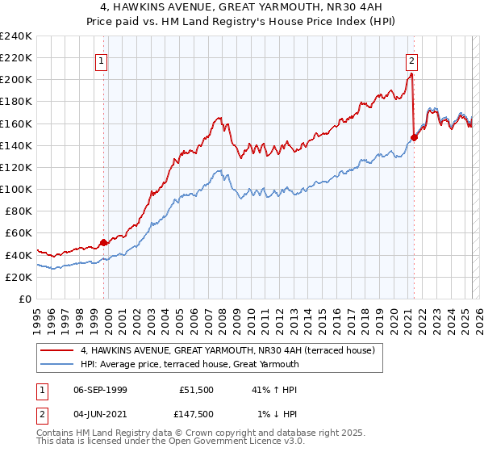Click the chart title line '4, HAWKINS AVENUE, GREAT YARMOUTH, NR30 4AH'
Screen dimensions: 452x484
pos(242,6)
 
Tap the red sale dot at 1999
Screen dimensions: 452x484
pos(103,242)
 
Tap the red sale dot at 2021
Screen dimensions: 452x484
pos(414,137)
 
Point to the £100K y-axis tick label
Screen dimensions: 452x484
pos(16,189)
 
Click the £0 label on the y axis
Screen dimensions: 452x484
pos(24,299)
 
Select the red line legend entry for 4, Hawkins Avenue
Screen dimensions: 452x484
pos(227,351)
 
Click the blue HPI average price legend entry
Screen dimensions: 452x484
pos(190,364)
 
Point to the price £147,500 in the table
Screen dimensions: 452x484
pos(196,414)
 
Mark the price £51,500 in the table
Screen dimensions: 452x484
pos(196,390)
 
